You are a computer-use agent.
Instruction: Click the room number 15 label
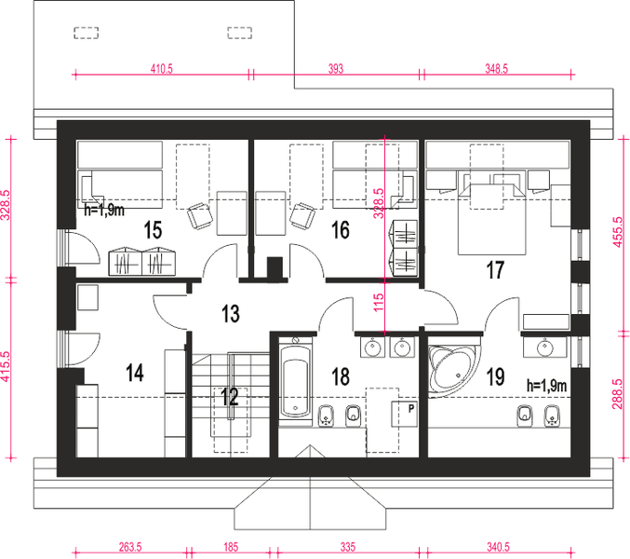point(154,230)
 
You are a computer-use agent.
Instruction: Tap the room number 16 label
point(341,230)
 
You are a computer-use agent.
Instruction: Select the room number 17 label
point(495,270)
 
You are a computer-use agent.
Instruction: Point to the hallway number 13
point(231,313)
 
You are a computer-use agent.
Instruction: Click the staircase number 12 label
point(230,397)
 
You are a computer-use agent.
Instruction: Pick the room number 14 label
point(135,373)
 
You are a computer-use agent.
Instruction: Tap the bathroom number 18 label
point(341,376)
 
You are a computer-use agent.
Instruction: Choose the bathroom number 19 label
point(495,376)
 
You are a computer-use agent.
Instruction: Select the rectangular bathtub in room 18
point(296,381)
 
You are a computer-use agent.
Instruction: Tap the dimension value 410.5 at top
point(162,69)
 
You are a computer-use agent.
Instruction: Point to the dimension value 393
point(336,69)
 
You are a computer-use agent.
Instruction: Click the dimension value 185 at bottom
point(231,547)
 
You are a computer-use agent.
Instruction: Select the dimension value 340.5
point(498,547)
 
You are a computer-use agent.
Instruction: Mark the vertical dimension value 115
point(379,303)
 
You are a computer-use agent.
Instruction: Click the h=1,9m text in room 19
point(546,386)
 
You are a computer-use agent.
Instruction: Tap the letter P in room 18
point(411,409)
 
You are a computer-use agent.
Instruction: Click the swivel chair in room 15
point(200,216)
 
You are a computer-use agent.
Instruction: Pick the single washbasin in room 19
point(544,347)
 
